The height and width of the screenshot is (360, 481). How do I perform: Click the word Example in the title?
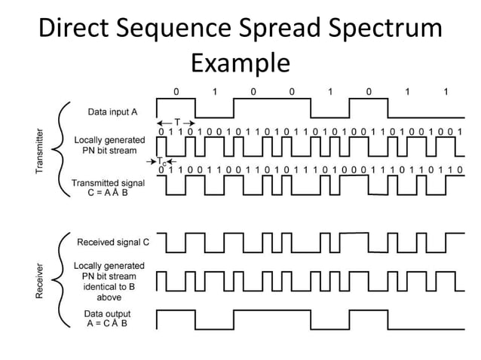tap(240, 62)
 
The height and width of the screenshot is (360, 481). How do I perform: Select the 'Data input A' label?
tap(112, 112)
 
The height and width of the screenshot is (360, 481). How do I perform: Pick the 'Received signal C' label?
tap(113, 243)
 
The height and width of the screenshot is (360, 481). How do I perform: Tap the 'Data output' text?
tap(109, 313)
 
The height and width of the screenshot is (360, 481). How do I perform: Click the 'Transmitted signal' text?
tap(109, 183)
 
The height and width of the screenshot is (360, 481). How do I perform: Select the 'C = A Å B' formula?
tap(109, 194)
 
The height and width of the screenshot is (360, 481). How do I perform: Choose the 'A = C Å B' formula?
tap(109, 324)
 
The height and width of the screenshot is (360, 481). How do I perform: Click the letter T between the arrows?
tap(177, 122)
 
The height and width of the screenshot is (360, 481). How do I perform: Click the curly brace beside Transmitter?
tap(63, 150)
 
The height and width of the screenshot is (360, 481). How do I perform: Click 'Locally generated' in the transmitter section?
tap(109, 140)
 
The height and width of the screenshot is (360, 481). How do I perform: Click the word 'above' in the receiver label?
tap(109, 297)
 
